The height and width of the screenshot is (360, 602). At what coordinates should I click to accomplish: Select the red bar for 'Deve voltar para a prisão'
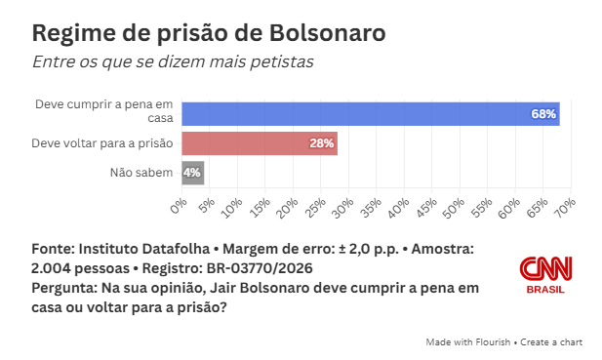[x=259, y=143]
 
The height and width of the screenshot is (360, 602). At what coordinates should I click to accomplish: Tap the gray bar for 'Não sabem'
[x=192, y=173]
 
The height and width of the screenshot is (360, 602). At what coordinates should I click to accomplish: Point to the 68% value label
[x=543, y=114]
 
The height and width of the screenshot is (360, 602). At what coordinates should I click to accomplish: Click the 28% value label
[x=322, y=143]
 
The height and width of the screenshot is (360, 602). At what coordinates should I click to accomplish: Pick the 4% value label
[x=192, y=173]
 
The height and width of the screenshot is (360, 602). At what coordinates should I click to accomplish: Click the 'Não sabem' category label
[x=142, y=173]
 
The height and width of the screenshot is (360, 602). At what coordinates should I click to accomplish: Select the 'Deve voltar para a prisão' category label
[x=102, y=143]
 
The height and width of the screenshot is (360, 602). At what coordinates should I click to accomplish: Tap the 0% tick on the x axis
[x=179, y=206]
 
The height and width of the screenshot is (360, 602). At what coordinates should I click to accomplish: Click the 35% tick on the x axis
[x=373, y=206]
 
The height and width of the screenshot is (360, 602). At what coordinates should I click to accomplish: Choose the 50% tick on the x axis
[x=456, y=206]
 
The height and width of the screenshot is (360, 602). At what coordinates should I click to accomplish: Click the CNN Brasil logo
[x=546, y=274]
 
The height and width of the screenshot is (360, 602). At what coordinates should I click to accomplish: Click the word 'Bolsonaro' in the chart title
[x=328, y=32]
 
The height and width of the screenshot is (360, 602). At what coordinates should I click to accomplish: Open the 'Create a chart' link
[x=552, y=342]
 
